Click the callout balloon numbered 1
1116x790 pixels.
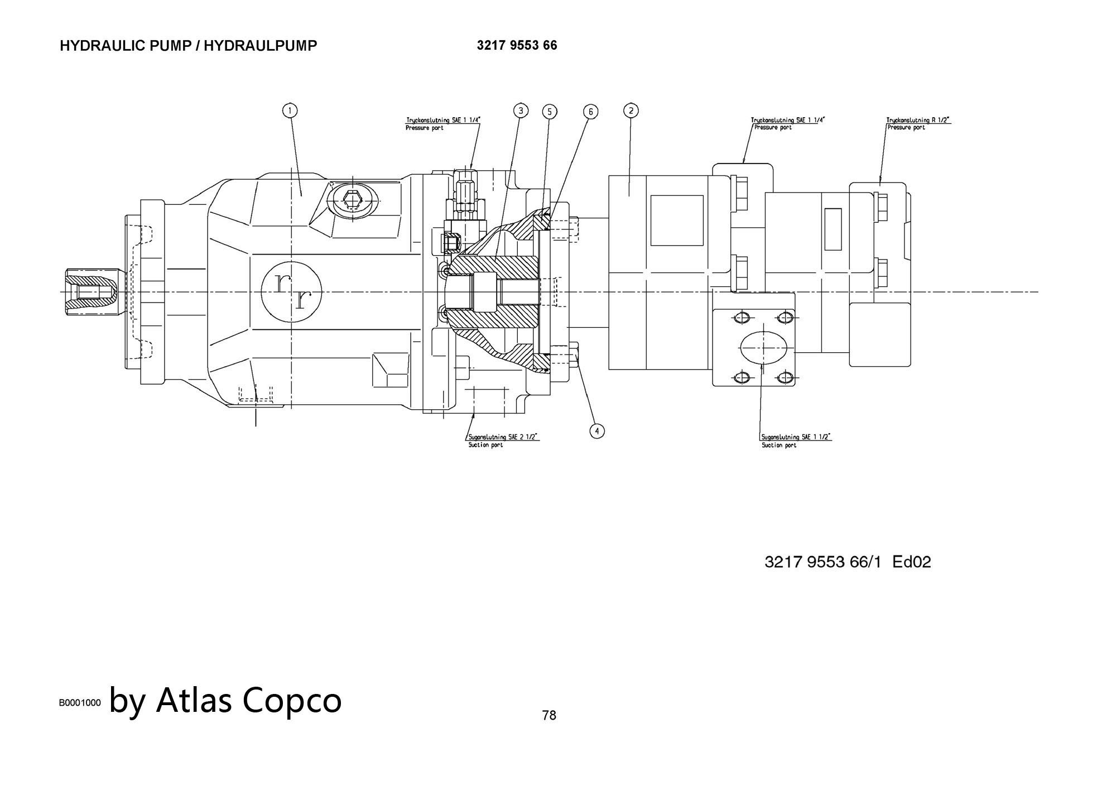(x=290, y=111)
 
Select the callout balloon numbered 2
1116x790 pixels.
(x=631, y=111)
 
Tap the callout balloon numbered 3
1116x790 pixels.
(x=520, y=111)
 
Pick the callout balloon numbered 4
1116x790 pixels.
(x=597, y=431)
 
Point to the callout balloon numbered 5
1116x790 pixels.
(x=549, y=112)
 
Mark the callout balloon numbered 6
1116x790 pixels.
(x=590, y=112)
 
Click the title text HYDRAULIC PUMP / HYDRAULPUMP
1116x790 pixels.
(x=188, y=46)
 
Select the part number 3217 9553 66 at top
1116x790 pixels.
(x=516, y=45)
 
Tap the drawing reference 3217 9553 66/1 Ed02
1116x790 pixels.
(x=847, y=562)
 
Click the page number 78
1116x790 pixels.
(x=549, y=715)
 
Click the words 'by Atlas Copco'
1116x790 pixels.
(x=225, y=700)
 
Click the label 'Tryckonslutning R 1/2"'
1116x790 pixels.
(x=918, y=120)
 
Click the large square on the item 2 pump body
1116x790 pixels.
(x=676, y=220)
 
